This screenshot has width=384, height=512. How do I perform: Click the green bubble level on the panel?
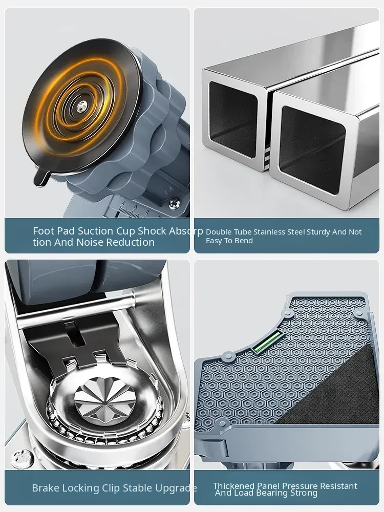[x=267, y=342]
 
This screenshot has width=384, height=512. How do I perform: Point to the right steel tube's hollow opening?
[x=312, y=150]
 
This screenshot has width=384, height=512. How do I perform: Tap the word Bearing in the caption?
[x=282, y=493]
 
